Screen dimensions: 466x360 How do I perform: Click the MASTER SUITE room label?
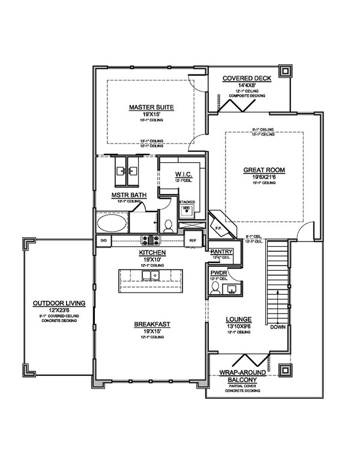[x=151, y=107]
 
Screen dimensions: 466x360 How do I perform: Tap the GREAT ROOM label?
[x=264, y=170]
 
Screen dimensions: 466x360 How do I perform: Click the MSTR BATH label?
[x=127, y=195]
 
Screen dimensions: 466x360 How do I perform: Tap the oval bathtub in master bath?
[x=112, y=223]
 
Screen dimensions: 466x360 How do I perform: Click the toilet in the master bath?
[x=169, y=226]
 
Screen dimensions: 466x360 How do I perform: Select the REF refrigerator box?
[x=193, y=240]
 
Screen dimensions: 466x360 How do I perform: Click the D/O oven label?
[x=103, y=240]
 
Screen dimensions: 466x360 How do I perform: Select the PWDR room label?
[x=217, y=273]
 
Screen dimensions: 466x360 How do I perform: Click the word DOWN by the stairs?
[x=278, y=328]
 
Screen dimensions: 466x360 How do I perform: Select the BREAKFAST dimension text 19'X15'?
[x=152, y=331]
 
